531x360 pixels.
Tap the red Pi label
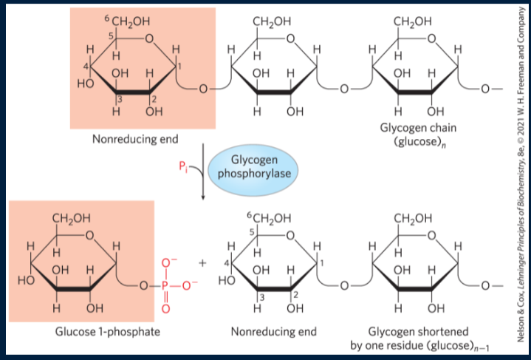coord(183,167)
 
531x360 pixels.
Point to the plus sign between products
coord(201,262)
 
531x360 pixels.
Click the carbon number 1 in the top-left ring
coord(178,69)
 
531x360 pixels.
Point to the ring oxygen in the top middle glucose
coord(290,39)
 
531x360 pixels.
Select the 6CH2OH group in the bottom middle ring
coord(269,218)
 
